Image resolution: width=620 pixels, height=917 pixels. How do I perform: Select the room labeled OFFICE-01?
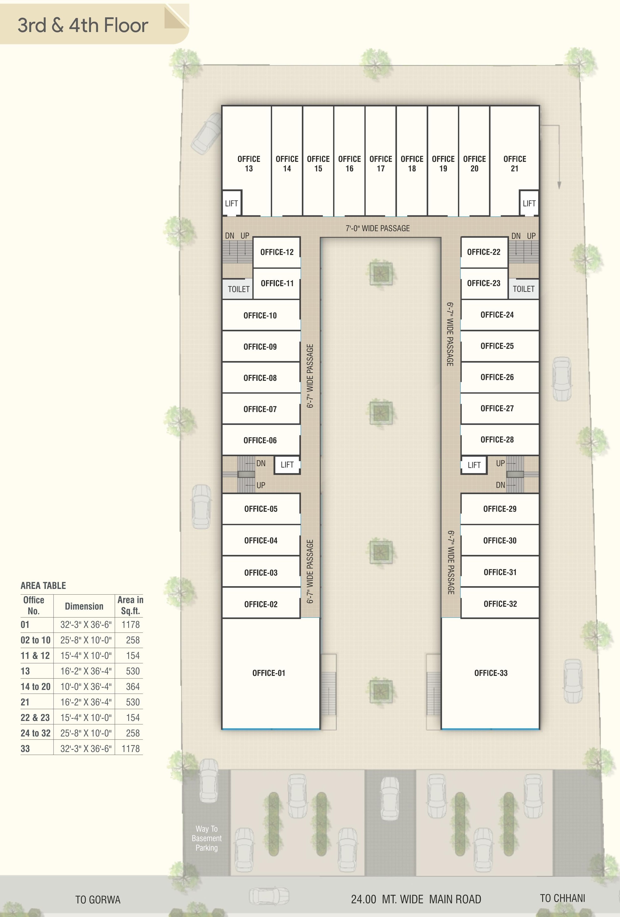pos(269,673)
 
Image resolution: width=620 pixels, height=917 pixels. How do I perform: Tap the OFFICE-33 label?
pos(491,673)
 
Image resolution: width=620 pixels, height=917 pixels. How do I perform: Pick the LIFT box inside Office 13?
pos(231,203)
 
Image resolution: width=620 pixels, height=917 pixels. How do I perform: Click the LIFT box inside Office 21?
pos(529,203)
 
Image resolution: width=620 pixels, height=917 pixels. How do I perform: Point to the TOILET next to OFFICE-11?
pos(238,289)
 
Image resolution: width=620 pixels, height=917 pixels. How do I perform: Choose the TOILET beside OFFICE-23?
pos(523,289)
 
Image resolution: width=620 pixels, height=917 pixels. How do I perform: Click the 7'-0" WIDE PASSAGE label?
pos(377,228)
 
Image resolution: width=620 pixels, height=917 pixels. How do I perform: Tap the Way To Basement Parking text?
pos(207,838)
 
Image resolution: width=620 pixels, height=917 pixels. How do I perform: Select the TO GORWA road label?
pos(98,900)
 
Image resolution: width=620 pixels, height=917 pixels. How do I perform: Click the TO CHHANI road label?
pos(562,898)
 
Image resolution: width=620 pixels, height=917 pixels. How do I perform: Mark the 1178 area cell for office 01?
pos(131,625)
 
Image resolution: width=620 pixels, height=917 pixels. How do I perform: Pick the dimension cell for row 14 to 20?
pos(86,686)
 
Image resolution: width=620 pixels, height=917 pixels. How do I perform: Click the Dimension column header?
pos(84,606)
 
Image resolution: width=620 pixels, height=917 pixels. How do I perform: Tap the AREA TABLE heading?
pos(43,585)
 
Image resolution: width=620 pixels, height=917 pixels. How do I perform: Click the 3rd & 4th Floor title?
pos(83,25)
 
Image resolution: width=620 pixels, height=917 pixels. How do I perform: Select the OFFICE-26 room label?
pos(497,377)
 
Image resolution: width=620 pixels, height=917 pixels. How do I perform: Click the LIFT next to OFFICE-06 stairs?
pos(287,465)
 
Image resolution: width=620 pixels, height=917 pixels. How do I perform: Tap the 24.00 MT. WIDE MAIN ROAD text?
pos(416,899)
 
